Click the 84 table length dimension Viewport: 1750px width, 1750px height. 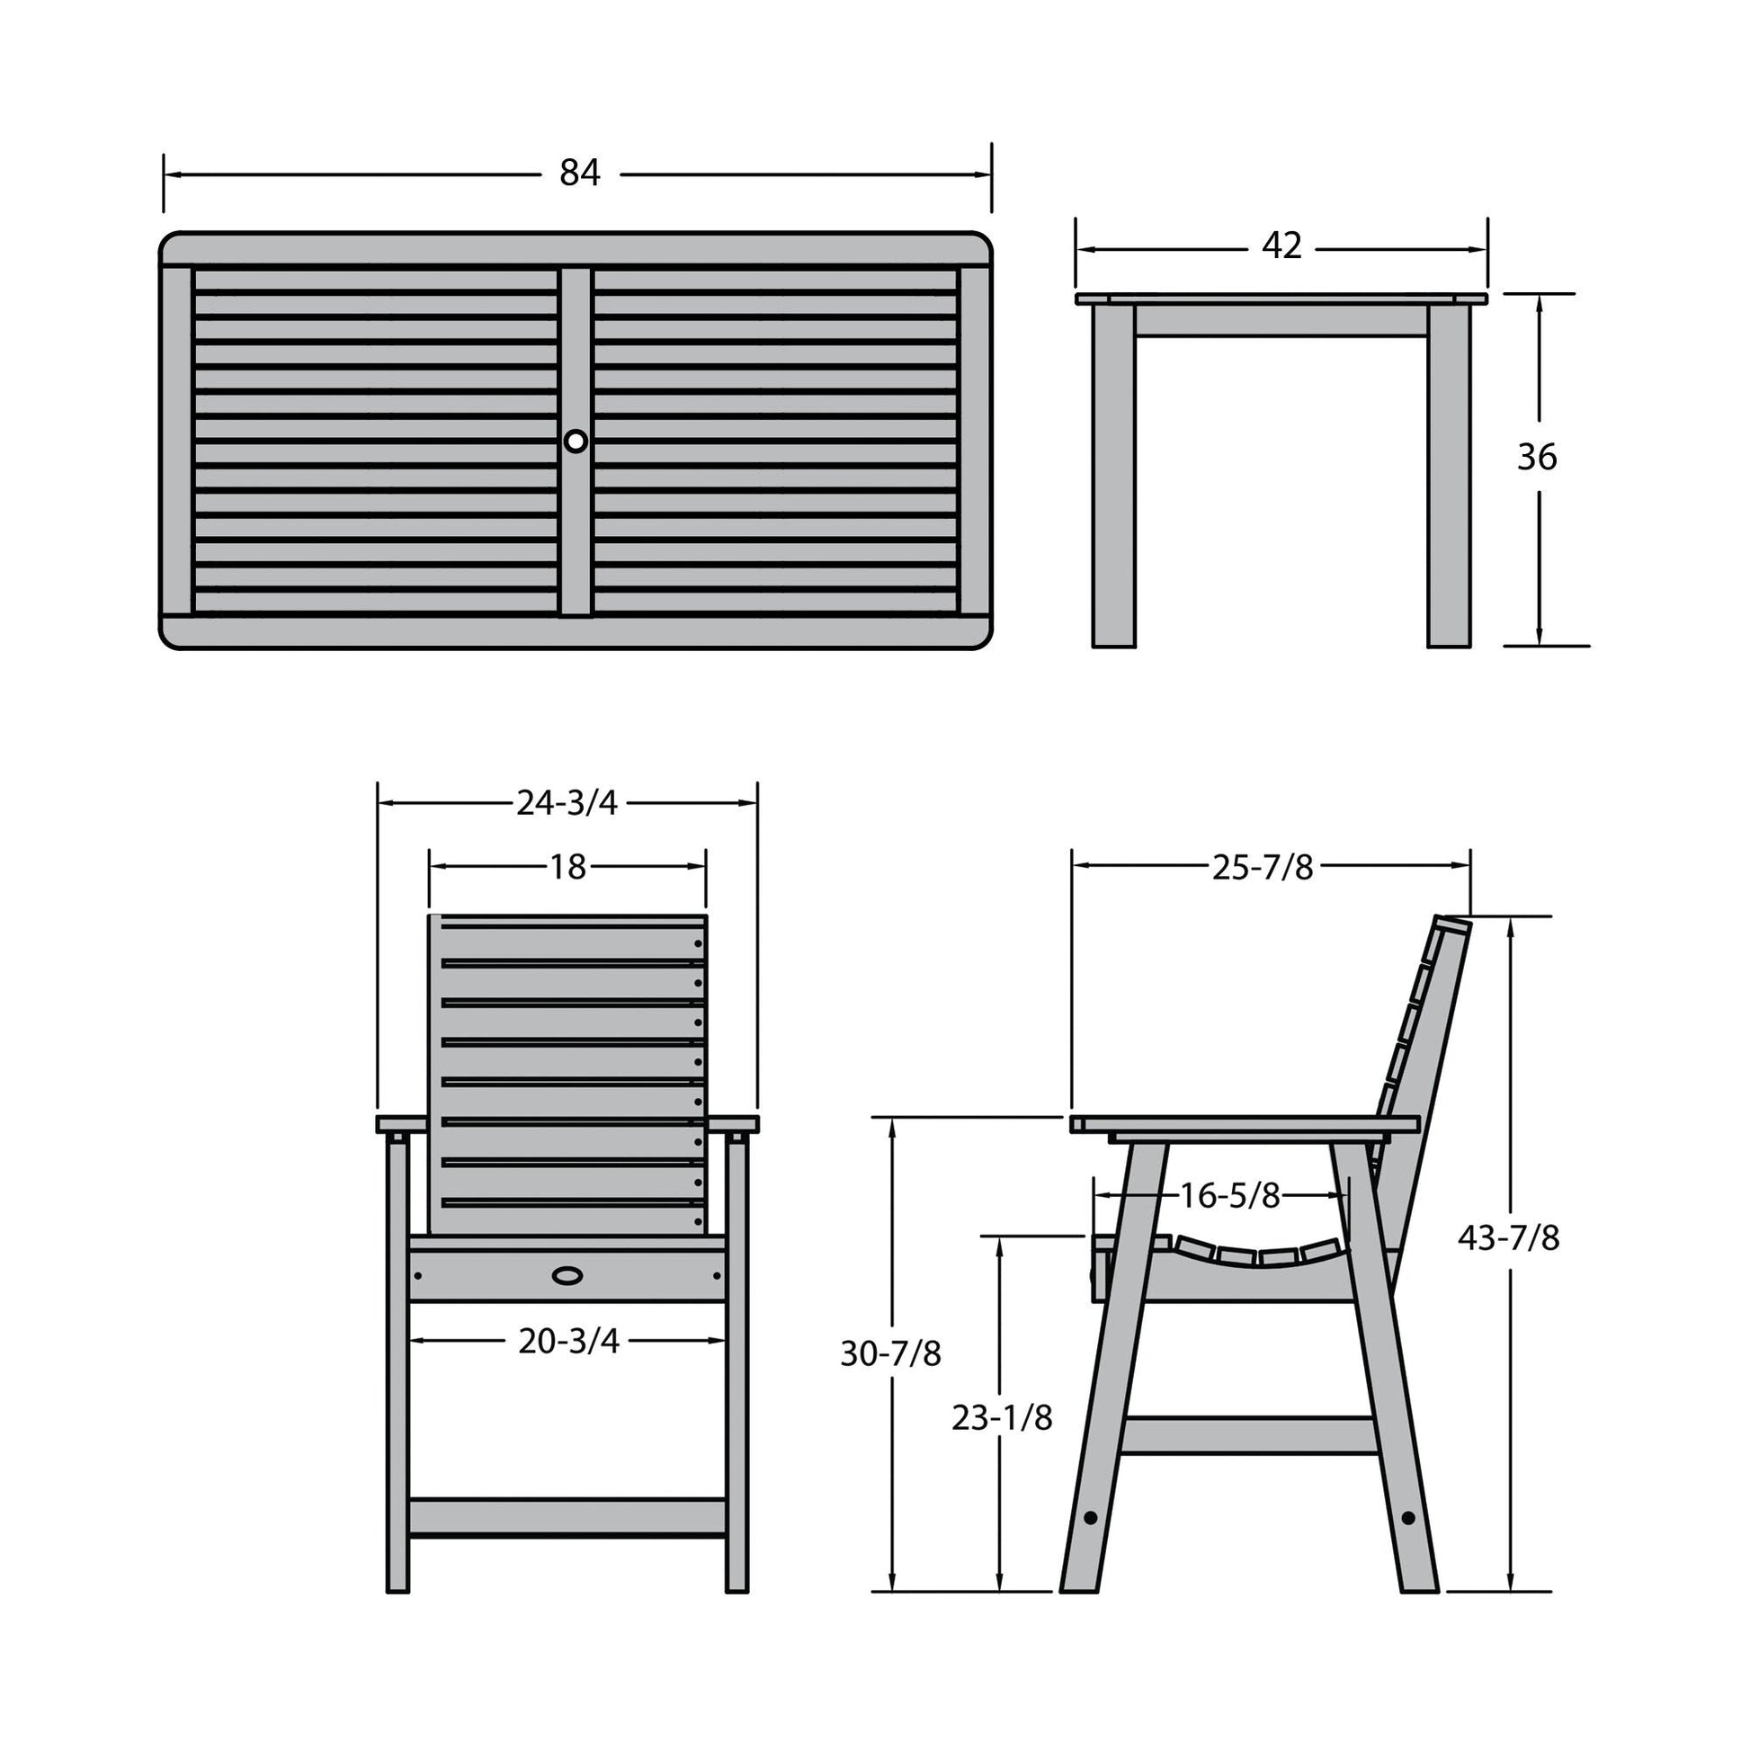tap(580, 172)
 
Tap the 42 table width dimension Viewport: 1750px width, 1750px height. tap(1281, 246)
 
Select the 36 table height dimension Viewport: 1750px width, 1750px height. tap(1537, 458)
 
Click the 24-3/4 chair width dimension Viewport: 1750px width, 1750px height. tap(567, 802)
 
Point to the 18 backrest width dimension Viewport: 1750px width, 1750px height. tap(568, 868)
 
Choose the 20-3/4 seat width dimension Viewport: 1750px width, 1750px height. tap(569, 1341)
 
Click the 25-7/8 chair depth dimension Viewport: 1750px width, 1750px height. tap(1263, 868)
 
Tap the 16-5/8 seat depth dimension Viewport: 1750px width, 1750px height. tap(1230, 1196)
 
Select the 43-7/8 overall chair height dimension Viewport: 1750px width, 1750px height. tap(1509, 1237)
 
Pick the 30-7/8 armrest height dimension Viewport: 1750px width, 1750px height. tap(891, 1353)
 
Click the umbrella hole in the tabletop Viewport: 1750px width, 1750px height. tap(576, 442)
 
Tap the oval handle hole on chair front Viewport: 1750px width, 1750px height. tap(568, 1275)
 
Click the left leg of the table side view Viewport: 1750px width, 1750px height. tap(1113, 476)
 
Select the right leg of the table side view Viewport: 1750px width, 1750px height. tap(1449, 476)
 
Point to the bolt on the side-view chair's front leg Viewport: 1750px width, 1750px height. tap(1090, 1516)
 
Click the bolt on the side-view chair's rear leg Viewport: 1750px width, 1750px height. tap(1407, 1516)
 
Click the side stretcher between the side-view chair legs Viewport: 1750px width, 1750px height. tap(1250, 1435)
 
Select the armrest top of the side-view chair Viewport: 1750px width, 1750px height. tap(1245, 1124)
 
